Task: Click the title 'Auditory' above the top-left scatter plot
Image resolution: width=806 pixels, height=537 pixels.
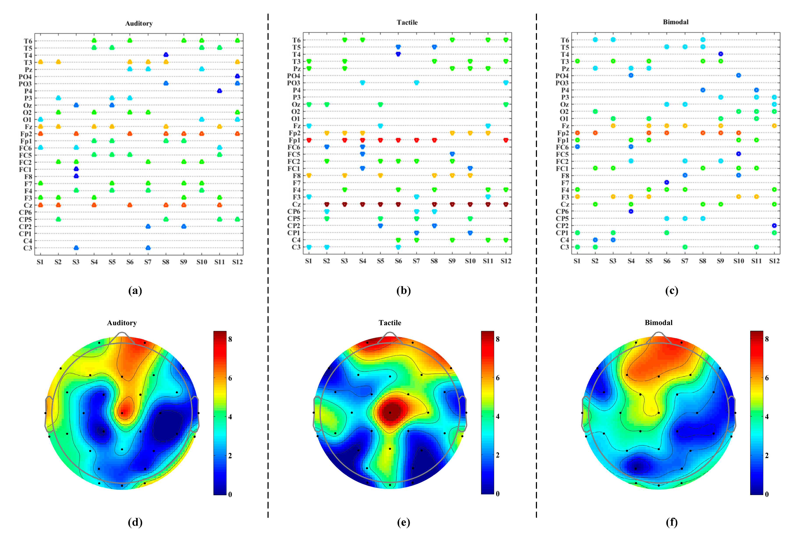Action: click(139, 23)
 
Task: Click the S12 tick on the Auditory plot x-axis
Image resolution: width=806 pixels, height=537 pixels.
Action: click(237, 262)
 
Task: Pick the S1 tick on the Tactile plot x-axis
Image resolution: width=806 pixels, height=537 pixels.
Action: click(308, 261)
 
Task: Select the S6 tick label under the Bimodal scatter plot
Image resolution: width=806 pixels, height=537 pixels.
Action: click(666, 261)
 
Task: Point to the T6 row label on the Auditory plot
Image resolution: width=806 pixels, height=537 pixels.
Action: click(28, 41)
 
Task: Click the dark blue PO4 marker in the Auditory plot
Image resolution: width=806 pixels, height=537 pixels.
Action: click(237, 76)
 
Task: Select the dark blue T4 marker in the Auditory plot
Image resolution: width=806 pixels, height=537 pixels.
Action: click(166, 55)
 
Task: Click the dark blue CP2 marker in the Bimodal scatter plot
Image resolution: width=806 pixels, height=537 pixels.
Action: click(774, 225)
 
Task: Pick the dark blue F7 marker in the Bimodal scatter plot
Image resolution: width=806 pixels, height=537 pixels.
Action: click(666, 182)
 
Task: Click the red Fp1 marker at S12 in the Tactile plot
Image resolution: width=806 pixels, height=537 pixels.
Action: click(506, 140)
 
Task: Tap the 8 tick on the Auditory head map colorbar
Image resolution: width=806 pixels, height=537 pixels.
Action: click(230, 339)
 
